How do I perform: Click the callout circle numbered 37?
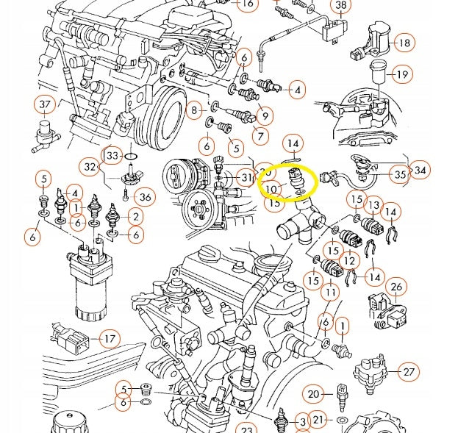(x=45, y=104)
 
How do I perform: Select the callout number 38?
(x=340, y=6)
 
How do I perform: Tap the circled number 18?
(x=404, y=43)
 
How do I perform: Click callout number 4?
(x=296, y=90)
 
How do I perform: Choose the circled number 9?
(x=265, y=115)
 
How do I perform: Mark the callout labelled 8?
(x=194, y=111)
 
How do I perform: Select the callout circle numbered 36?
(x=145, y=196)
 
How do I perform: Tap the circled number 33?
(x=112, y=156)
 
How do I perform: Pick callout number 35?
(x=400, y=175)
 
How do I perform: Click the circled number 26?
(x=396, y=287)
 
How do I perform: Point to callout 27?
(x=409, y=373)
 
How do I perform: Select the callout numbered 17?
(x=110, y=339)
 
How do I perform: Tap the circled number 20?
(x=314, y=393)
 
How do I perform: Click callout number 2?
(x=135, y=216)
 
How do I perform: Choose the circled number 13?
(x=373, y=205)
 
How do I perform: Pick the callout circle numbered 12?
(x=350, y=260)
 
